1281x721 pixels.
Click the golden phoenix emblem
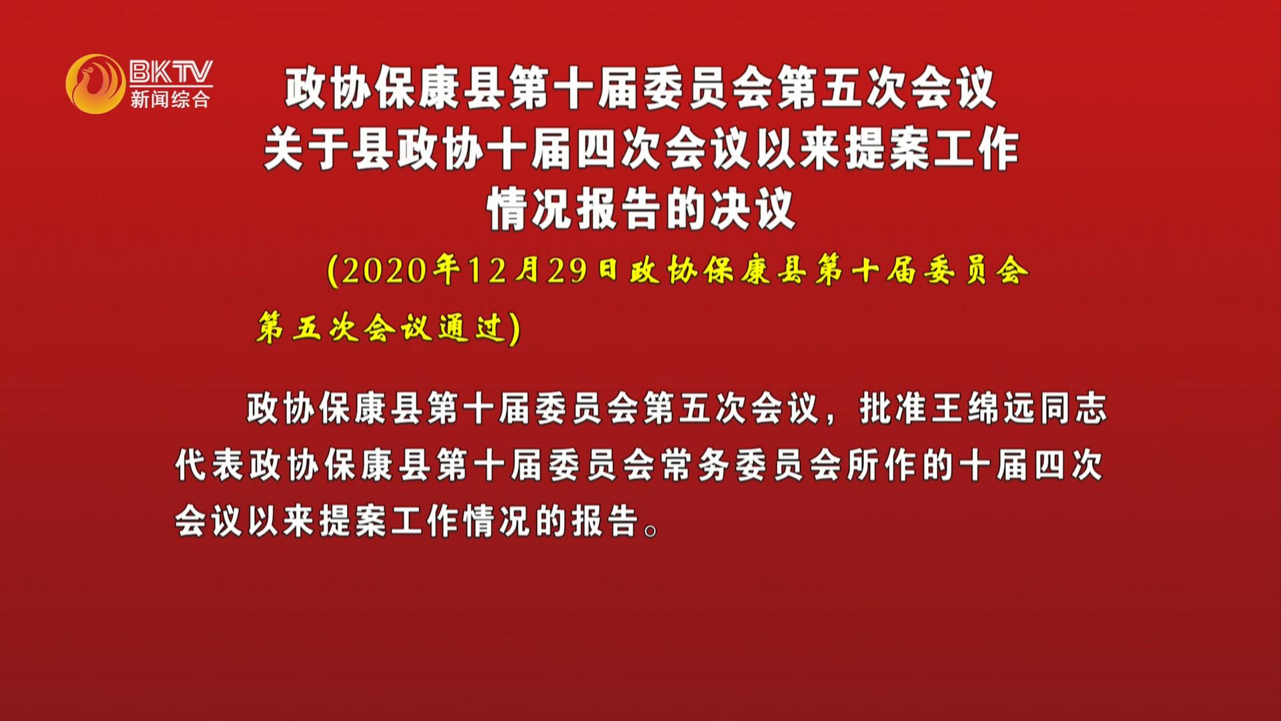(95, 84)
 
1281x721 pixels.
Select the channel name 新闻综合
(170, 99)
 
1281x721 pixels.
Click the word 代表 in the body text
(209, 465)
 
